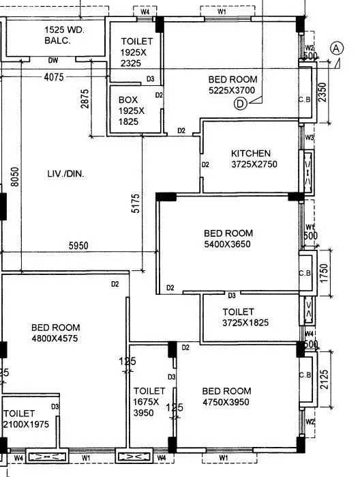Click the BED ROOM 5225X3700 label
pos(232,85)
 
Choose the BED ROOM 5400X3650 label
pos(228,238)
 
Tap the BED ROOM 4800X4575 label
pos(56,332)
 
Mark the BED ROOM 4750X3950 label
pos(226,396)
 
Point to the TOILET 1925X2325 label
pos(137,53)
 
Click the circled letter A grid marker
pos(336,48)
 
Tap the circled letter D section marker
pos(239,104)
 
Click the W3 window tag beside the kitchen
pos(310,138)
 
